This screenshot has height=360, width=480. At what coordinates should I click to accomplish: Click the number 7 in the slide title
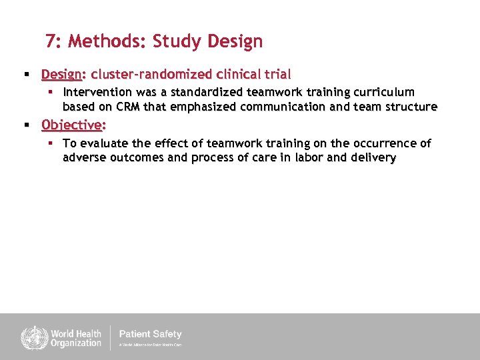[x=51, y=41]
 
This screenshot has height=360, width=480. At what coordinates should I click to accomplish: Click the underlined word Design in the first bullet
[x=61, y=73]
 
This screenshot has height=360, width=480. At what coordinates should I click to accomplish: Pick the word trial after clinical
[x=276, y=73]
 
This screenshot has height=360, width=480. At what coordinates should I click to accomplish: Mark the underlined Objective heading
[x=73, y=125]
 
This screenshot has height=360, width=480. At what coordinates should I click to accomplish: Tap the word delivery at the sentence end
[x=373, y=158]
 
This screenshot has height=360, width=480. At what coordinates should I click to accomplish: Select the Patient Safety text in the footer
[x=150, y=334]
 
